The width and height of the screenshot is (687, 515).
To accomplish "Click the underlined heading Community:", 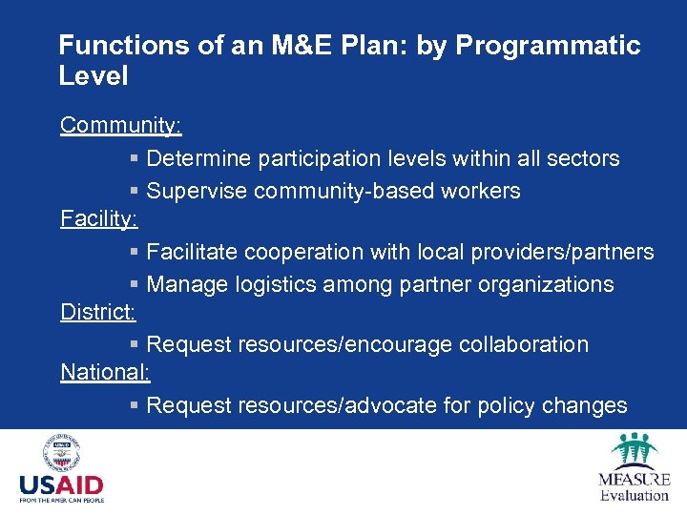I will pos(121,126).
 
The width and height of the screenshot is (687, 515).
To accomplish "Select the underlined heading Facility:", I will pos(99,218).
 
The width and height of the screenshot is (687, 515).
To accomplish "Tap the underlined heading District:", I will pos(98,312).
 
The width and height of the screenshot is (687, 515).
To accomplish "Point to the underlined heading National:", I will pos(105,372).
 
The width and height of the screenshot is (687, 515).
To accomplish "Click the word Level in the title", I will pos(93,75).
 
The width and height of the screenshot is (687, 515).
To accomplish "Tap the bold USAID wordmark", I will pos(61,485).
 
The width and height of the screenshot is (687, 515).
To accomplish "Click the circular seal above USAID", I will pos(61,452).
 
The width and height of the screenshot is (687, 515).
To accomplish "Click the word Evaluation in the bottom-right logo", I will pos(635,494).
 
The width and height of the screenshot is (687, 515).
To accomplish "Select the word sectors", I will pos(583,158).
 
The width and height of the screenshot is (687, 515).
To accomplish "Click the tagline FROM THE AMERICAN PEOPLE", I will pos(61,500).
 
